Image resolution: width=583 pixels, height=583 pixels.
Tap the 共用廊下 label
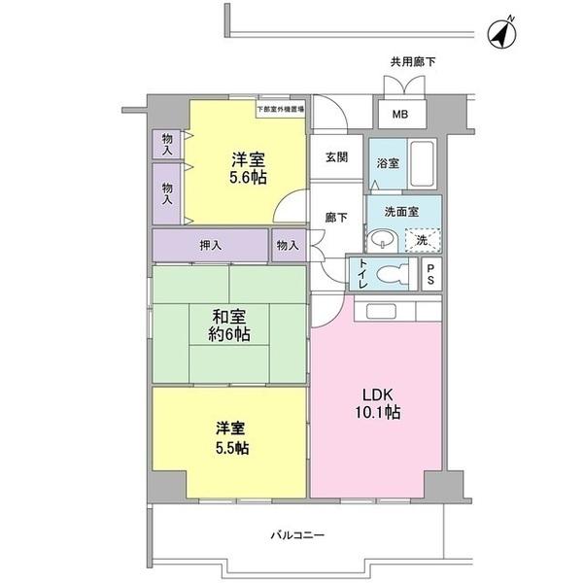pyautogui.click(x=413, y=62)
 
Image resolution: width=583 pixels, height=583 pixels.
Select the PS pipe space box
pyautogui.click(x=431, y=273)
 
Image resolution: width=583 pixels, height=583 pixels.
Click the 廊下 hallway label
pyautogui.click(x=334, y=218)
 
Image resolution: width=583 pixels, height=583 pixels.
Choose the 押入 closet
pyautogui.click(x=210, y=245)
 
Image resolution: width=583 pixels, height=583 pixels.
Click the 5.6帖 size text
pyautogui.click(x=249, y=178)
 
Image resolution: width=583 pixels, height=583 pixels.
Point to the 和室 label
pyautogui.click(x=229, y=317)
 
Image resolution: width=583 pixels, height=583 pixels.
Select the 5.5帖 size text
pyautogui.click(x=230, y=449)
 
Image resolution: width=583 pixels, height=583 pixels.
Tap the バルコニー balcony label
pyautogui.click(x=296, y=534)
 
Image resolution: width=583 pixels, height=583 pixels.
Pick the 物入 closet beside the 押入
pyautogui.click(x=288, y=245)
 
